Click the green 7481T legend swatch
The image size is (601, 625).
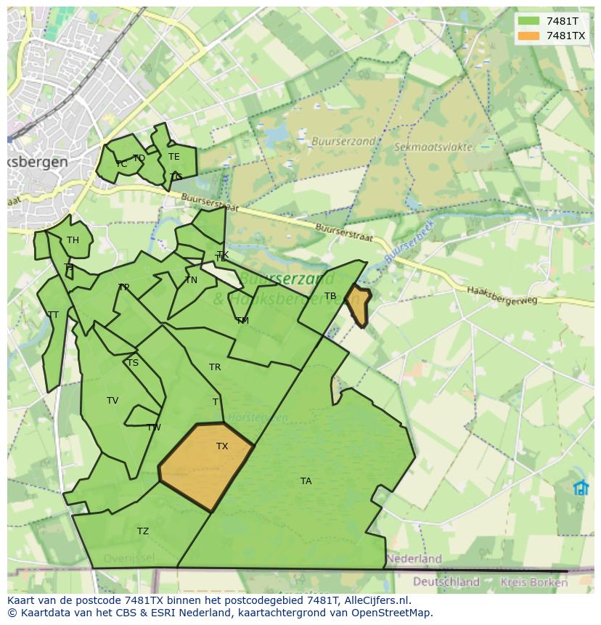(x=528, y=21)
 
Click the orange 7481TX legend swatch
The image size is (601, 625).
(x=528, y=36)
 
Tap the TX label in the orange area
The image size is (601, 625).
(x=222, y=446)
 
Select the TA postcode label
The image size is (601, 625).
(x=306, y=481)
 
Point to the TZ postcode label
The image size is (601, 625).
(x=143, y=531)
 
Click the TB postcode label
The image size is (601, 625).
(x=330, y=296)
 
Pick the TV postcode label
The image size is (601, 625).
(x=113, y=401)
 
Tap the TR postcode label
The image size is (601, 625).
(x=215, y=367)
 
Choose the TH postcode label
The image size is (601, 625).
(x=73, y=240)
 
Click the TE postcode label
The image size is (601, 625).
(x=174, y=157)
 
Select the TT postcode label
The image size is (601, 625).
(x=53, y=315)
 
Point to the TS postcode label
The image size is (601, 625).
(x=132, y=363)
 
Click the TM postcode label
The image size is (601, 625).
(x=242, y=320)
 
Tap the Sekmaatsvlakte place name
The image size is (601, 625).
(x=433, y=147)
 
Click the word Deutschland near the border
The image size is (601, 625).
(x=446, y=581)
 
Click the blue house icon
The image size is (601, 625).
(x=581, y=488)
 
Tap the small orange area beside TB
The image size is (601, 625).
(x=358, y=304)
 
